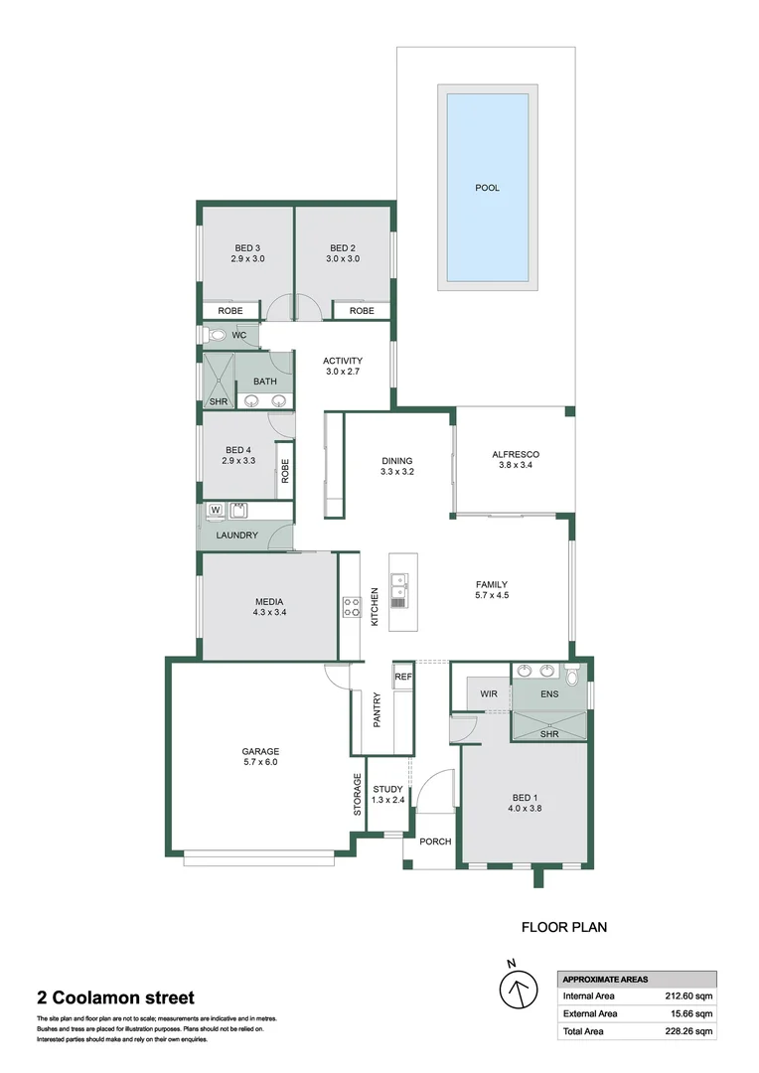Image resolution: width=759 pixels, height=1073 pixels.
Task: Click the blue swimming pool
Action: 487,188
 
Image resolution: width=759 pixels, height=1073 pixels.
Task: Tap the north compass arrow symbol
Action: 516,989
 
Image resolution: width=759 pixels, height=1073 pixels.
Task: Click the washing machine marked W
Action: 215,511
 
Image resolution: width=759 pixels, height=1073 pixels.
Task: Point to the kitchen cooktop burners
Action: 351,606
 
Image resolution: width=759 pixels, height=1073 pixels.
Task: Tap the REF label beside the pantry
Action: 402,677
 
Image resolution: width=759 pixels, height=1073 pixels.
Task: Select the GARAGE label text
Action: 260,751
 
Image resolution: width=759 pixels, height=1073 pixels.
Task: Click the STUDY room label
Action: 387,789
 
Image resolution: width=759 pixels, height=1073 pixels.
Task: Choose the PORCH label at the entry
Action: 435,842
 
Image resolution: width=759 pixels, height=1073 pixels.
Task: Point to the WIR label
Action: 488,693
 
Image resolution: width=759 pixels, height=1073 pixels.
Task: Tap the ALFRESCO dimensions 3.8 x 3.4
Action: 515,469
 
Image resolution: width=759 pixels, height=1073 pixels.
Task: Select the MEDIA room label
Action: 268,601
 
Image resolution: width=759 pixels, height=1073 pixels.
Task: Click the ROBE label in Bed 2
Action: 362,311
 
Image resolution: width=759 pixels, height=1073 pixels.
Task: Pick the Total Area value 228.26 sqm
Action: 689,1031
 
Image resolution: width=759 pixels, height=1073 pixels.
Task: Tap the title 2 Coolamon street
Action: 115,998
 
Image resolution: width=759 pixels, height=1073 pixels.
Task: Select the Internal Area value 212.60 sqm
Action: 689,996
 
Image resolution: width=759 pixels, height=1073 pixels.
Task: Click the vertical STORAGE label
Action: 358,795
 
